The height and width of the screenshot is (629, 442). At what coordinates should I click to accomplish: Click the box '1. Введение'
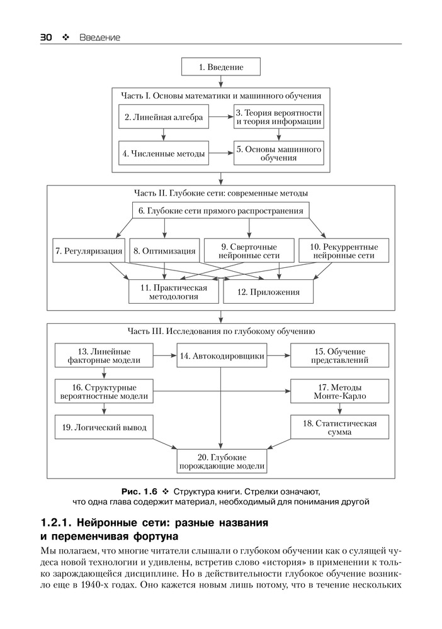221,67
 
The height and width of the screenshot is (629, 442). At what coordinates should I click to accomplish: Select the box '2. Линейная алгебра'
164,117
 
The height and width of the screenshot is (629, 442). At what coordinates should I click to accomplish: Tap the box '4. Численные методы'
164,153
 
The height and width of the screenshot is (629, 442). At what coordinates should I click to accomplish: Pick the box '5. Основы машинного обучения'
278,153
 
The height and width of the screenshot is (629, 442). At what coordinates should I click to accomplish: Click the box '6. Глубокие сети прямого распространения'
221,211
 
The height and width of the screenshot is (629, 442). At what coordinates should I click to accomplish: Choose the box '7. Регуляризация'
89,251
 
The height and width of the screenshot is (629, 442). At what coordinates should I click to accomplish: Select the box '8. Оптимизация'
164,251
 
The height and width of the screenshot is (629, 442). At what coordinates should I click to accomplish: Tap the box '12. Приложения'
268,292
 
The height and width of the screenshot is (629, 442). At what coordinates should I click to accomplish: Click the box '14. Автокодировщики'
222,355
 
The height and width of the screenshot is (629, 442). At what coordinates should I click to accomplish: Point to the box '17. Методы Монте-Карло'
339,391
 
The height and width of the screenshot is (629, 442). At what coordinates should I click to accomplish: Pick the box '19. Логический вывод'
104,427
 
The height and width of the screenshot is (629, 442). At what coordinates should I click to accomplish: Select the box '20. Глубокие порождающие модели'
222,461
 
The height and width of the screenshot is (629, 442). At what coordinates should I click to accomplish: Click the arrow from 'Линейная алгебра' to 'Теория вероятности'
221,117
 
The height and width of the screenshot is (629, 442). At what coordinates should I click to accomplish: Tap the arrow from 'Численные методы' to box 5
221,153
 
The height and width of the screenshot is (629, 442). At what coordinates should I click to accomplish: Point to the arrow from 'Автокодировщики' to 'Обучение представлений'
278,355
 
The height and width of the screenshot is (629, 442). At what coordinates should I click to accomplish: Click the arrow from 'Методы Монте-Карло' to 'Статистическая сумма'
339,409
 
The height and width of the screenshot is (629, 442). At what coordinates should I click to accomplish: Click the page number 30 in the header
46,37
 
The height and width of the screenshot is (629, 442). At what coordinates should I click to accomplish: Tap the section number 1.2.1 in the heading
56,523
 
